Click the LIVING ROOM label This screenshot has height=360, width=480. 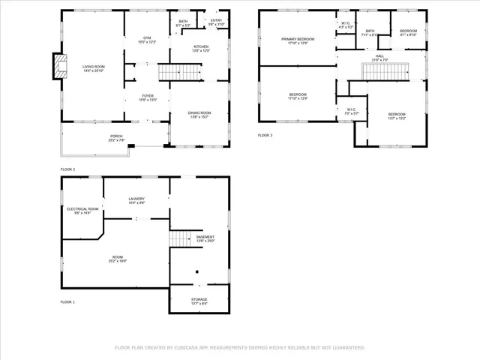click(x=94, y=68)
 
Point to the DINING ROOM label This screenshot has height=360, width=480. click(x=199, y=114)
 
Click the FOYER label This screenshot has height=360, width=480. click(x=147, y=97)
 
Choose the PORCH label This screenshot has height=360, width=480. click(x=117, y=138)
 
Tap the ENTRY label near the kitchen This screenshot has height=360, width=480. click(x=216, y=22)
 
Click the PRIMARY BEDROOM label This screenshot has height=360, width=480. click(x=298, y=40)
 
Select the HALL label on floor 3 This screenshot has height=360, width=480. click(x=379, y=58)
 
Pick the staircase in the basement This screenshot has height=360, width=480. click(x=178, y=239)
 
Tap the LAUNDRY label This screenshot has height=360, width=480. click(x=136, y=200)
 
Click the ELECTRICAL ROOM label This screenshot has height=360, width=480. click(x=82, y=211)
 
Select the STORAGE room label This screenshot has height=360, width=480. click(x=199, y=301)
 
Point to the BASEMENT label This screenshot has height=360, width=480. click(x=205, y=238)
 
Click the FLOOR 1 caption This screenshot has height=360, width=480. click(x=67, y=301)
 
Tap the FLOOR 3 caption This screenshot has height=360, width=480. click(x=265, y=135)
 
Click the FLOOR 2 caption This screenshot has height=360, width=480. click(x=67, y=169)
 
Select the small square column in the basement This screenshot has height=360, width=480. click(x=197, y=272)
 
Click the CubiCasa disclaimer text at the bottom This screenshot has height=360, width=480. click(x=239, y=348)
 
